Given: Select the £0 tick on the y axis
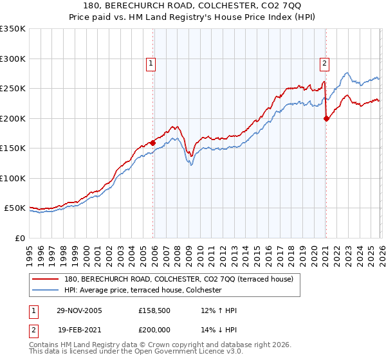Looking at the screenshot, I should [x=19, y=238].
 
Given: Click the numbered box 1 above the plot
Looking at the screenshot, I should [x=150, y=63].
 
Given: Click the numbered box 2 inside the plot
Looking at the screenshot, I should [x=324, y=63].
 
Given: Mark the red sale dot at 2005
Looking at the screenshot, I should [x=152, y=143].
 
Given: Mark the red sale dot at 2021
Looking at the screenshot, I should [x=326, y=118].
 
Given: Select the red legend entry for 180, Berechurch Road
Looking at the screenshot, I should [x=179, y=279].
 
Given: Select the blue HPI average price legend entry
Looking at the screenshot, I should [x=143, y=291].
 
